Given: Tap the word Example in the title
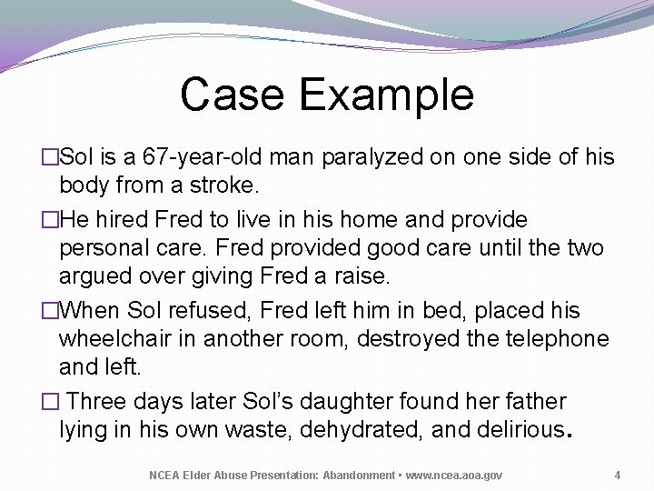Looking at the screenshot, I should pyautogui.click(x=386, y=95).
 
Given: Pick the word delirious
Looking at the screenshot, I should pyautogui.click(x=513, y=430).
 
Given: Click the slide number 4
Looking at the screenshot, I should pyautogui.click(x=617, y=475).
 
